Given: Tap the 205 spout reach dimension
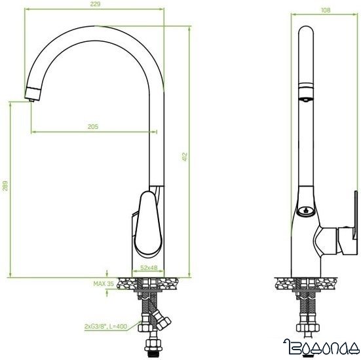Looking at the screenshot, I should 92,127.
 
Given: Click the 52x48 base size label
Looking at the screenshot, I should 150,267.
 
